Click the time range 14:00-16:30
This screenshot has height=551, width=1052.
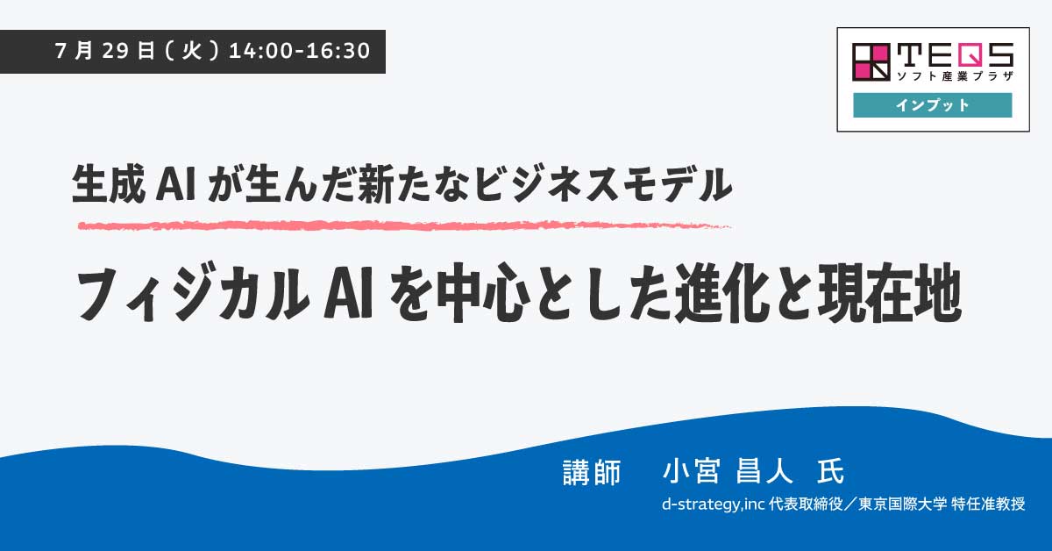[300, 51]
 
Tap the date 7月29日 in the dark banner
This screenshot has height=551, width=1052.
[104, 51]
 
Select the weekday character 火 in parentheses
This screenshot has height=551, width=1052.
[192, 51]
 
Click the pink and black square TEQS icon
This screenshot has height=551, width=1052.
[871, 62]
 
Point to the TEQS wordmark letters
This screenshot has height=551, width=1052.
[955, 54]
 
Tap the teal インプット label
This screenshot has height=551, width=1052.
[933, 104]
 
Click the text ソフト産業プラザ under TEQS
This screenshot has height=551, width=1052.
[955, 75]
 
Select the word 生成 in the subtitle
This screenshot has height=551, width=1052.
[109, 184]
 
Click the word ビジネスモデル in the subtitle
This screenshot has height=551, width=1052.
[602, 184]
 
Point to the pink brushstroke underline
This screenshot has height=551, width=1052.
[404, 226]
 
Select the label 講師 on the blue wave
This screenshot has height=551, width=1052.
[592, 472]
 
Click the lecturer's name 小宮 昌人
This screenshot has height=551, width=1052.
[728, 471]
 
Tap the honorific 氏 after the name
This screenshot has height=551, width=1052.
[831, 471]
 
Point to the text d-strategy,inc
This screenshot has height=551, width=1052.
[714, 504]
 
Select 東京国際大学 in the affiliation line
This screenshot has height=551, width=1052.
[903, 504]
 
